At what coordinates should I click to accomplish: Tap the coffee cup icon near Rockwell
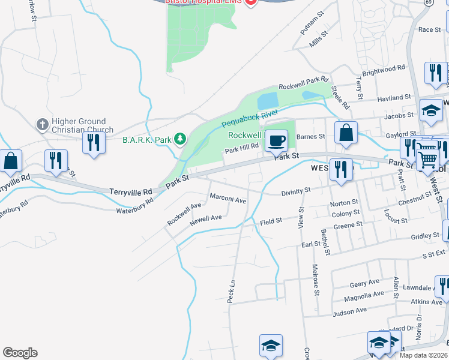[276, 140]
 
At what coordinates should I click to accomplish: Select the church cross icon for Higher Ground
[42, 125]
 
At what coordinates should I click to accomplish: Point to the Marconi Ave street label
[228, 199]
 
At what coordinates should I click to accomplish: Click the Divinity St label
[296, 192]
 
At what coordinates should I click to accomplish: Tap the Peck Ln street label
[231, 291]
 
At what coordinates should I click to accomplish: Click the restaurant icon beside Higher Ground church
[93, 143]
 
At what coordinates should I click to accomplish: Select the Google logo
[20, 353]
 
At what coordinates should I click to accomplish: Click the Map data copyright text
[424, 355]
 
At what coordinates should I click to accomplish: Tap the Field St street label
[271, 221]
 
